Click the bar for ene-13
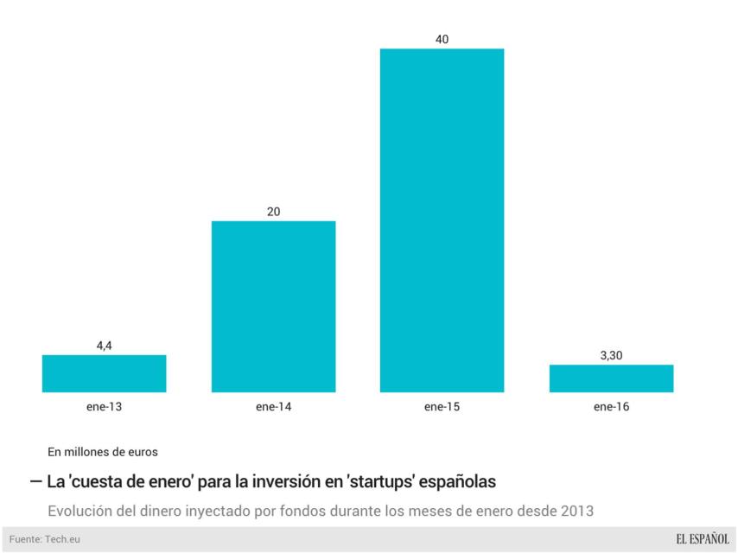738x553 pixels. click(104, 373)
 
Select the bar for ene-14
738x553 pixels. click(273, 306)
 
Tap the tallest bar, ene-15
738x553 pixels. click(442, 220)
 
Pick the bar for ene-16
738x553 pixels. click(611, 378)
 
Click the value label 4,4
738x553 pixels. click(104, 346)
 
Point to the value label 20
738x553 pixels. click(273, 212)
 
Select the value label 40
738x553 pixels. click(442, 39)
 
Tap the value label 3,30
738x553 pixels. click(611, 355)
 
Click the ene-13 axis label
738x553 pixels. click(104, 405)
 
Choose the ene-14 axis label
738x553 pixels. click(273, 405)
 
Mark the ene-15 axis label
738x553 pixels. click(442, 405)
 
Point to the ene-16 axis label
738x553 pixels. click(611, 405)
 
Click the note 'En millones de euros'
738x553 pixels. click(103, 451)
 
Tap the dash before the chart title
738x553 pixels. click(35, 480)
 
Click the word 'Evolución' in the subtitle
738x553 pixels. click(80, 510)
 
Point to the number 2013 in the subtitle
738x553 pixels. click(576, 510)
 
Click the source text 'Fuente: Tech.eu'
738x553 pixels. click(46, 539)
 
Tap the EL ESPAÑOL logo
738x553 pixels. click(702, 539)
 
